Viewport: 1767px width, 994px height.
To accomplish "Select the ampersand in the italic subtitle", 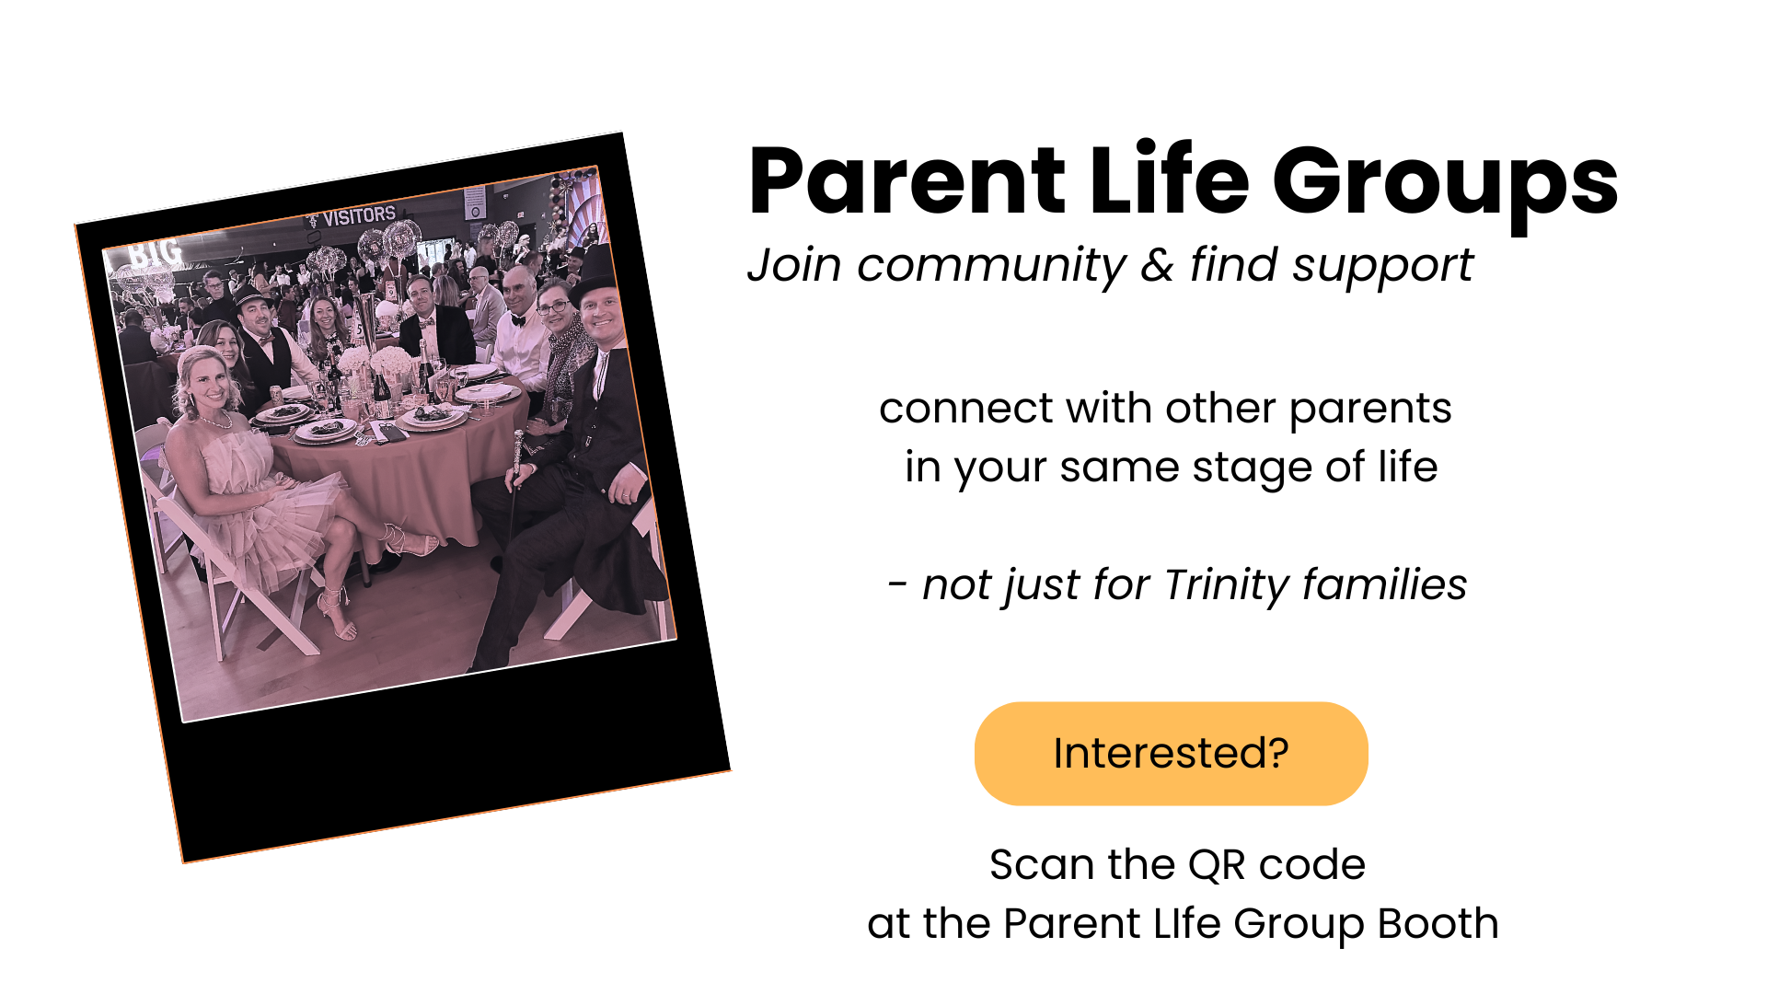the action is coord(1157,265).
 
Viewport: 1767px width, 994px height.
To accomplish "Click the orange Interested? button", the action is coord(1171,754).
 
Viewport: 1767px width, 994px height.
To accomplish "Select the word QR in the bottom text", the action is coord(1216,866).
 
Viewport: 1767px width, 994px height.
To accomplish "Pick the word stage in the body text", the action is coord(1238,469).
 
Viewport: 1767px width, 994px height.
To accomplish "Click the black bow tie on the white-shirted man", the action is coord(518,321).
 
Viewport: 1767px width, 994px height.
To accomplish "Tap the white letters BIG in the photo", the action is coord(154,253).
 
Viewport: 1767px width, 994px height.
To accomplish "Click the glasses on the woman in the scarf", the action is coord(552,306).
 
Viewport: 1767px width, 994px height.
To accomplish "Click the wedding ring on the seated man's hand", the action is coord(625,496).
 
